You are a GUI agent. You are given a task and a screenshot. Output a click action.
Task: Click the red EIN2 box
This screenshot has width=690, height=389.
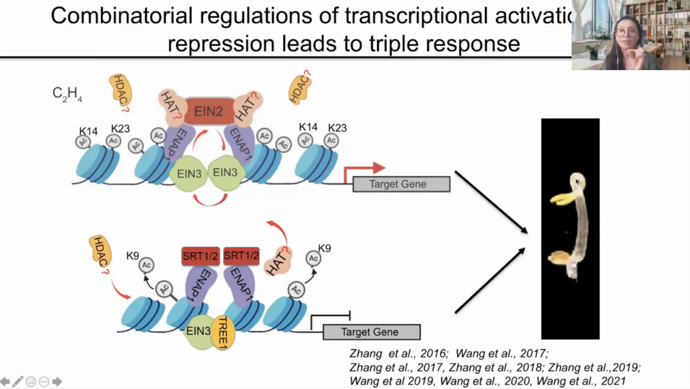point(208,111)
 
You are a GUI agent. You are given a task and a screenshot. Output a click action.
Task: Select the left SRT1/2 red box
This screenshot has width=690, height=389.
point(200,256)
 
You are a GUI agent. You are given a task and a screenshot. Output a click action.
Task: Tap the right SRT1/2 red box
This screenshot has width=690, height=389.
point(242,256)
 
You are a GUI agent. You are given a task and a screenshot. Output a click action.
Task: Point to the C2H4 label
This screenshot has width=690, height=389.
point(67,94)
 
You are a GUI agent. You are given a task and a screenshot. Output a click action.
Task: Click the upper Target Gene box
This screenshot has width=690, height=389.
point(401,184)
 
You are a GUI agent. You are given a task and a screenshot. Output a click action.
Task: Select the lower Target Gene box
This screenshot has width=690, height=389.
point(371,332)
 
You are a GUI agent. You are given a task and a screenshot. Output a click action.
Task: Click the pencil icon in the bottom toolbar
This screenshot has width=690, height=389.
point(18,381)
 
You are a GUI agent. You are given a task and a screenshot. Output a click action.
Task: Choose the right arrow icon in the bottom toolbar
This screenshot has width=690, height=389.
point(57,381)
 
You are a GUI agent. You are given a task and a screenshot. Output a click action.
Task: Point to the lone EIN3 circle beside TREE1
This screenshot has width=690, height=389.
point(198,332)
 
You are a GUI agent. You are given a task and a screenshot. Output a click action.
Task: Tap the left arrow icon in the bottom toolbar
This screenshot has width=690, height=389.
point(5,381)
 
